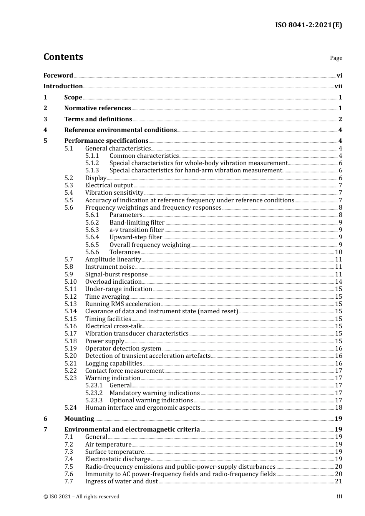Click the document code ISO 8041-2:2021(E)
tap(308, 25)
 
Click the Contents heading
tap(63, 57)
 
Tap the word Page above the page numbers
tap(336, 58)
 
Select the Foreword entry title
tap(58, 76)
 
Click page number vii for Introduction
tap(338, 86)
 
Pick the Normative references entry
tap(98, 108)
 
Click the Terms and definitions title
tap(98, 119)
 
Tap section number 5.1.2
tap(92, 163)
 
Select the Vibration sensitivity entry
tap(114, 193)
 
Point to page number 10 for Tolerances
tap(338, 252)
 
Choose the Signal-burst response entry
tap(116, 275)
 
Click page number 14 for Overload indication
tap(338, 282)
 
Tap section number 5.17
tap(71, 334)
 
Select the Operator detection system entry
tap(123, 349)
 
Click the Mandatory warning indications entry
tap(154, 393)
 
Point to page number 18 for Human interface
tap(338, 408)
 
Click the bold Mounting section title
tap(79, 419)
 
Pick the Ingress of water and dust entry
tap(121, 481)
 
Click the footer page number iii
tap(339, 496)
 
